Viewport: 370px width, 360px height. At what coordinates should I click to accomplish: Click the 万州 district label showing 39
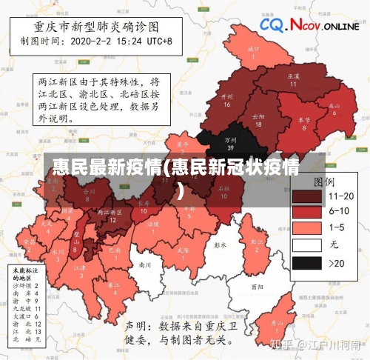[x=231, y=143]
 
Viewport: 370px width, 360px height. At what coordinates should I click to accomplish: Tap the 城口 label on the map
[x=253, y=51]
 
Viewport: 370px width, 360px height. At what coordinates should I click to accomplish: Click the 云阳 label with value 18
[x=258, y=119]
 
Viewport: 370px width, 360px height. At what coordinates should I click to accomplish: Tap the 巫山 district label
[x=334, y=108]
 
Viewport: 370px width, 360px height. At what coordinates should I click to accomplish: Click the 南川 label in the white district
[x=145, y=264]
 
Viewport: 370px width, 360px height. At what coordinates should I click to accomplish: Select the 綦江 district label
[x=113, y=288]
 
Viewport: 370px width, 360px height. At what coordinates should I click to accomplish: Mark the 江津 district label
[x=80, y=270]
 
